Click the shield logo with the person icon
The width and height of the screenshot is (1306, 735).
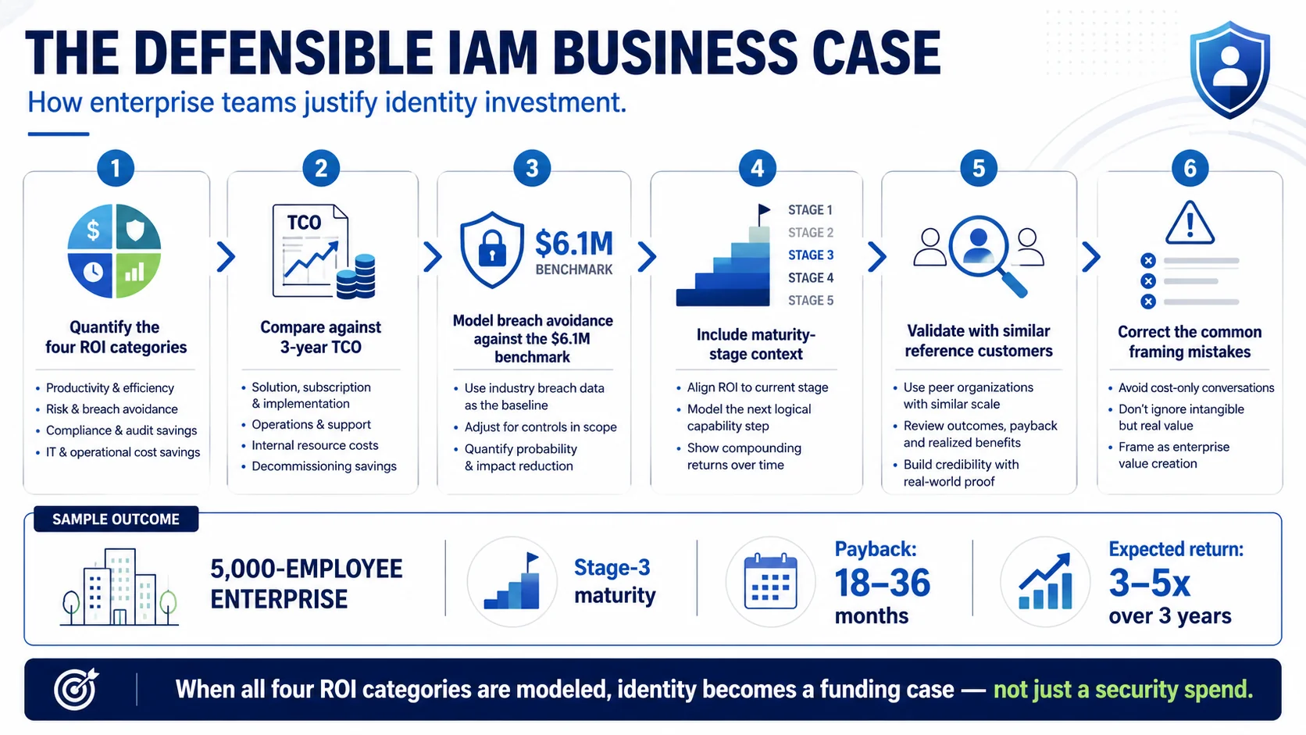click(x=1229, y=70)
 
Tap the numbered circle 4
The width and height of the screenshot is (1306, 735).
click(x=757, y=169)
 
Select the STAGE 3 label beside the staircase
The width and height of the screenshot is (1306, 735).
click(x=811, y=255)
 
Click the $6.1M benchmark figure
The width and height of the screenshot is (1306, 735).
click(x=573, y=243)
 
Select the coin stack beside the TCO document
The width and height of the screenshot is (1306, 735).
click(x=355, y=277)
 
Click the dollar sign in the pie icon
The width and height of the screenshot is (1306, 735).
click(x=93, y=230)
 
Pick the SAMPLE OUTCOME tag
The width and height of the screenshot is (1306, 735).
click(x=116, y=519)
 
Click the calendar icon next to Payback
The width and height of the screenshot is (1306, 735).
click(x=770, y=582)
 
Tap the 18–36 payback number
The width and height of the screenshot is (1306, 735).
click(x=882, y=583)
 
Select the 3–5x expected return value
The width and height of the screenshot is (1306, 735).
click(x=1149, y=583)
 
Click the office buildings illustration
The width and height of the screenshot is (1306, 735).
click(x=120, y=587)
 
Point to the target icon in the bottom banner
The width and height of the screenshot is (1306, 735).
click(x=77, y=690)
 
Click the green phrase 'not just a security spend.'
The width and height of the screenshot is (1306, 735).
click(x=1123, y=690)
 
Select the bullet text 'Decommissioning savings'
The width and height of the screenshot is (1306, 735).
click(x=323, y=466)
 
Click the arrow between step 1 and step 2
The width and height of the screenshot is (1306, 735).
click(x=226, y=257)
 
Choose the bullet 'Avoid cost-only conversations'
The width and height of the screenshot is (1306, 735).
click(x=1196, y=387)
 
